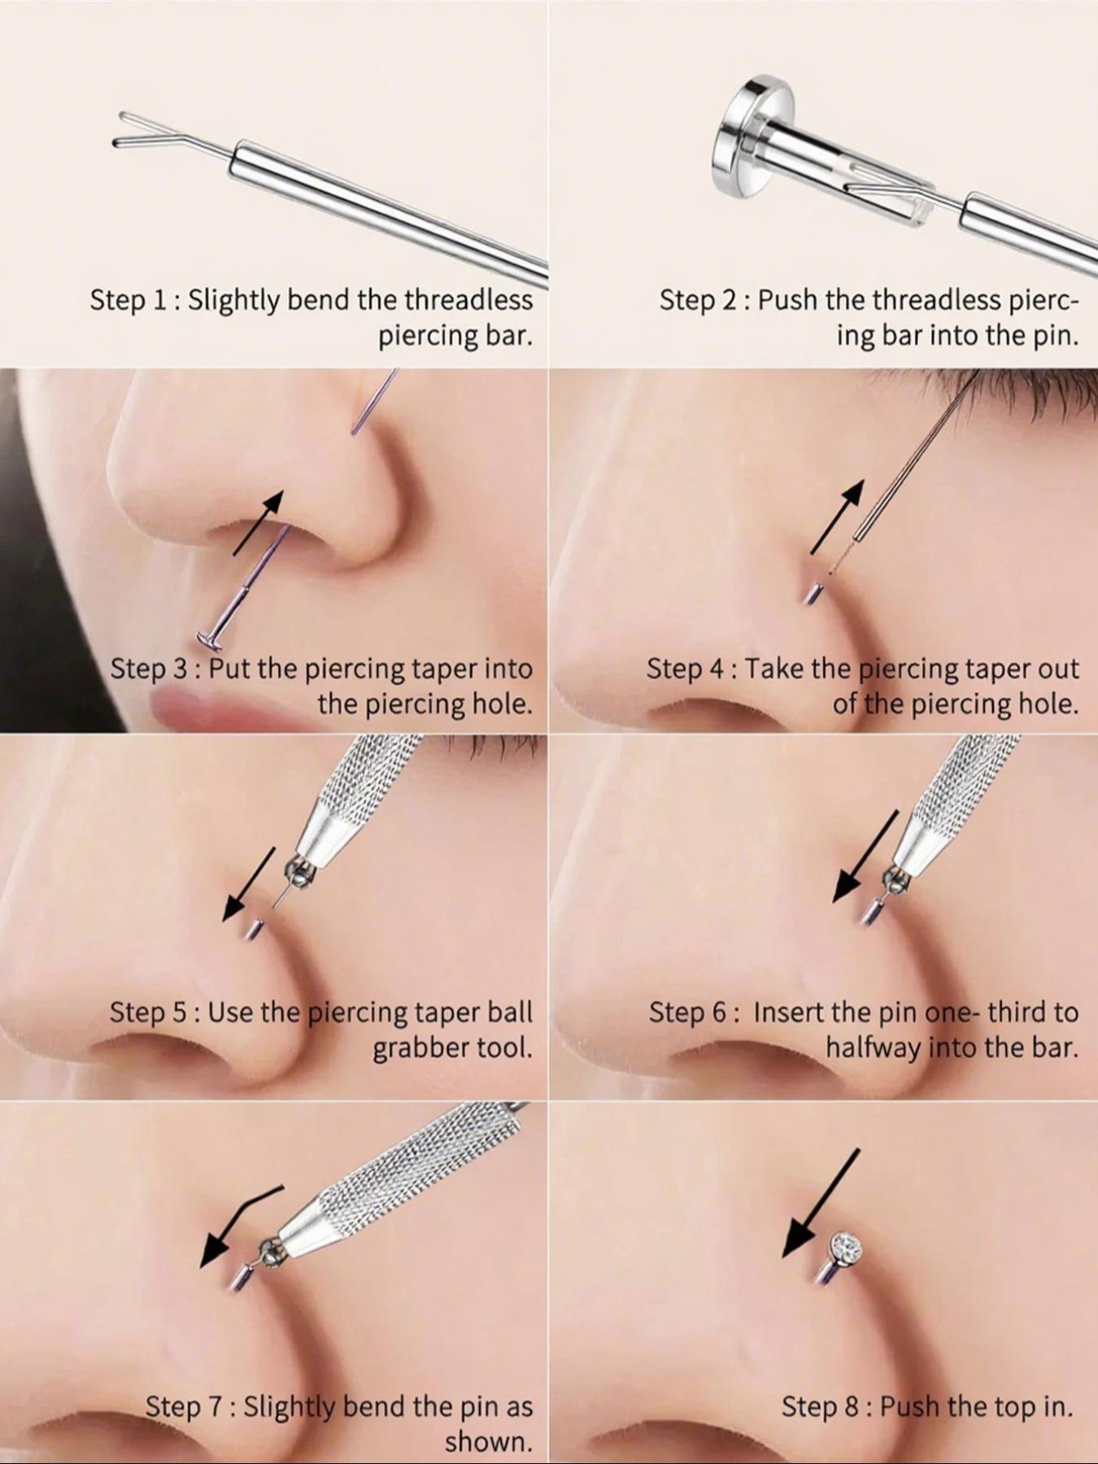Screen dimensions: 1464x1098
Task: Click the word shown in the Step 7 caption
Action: [x=488, y=1441]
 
